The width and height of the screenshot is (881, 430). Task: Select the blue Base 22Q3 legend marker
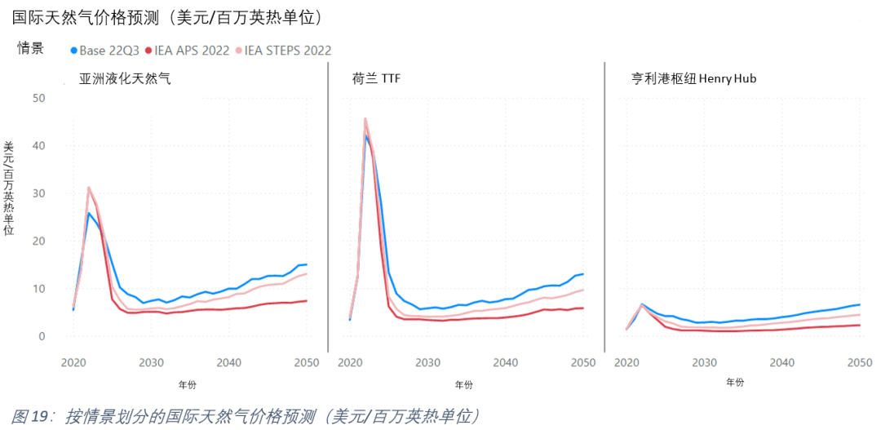pos(74,51)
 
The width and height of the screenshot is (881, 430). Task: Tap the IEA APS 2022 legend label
pos(192,51)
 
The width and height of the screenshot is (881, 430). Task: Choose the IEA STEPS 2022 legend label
pos(288,51)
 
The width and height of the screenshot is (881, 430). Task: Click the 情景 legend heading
pos(31,48)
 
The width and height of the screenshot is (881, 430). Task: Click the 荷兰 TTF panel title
pos(376,79)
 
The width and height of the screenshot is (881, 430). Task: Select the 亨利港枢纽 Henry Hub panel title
pos(695,79)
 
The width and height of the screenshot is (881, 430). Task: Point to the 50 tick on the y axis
pos(39,98)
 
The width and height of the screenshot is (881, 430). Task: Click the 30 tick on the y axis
pos(39,193)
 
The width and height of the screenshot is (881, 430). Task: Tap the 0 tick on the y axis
pos(42,336)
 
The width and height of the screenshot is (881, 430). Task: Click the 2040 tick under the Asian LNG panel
pos(228,361)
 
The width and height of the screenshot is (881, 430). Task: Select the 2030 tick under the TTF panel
pos(427,361)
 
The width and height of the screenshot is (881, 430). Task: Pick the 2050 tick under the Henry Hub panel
pos(859,361)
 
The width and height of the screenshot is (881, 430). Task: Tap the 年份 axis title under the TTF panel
pos(463,383)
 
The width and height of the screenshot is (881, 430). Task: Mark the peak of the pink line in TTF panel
pos(365,118)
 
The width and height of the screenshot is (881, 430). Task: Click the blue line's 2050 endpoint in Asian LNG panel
pos(306,264)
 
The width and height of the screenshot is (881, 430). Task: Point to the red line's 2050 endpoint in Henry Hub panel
pos(859,325)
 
